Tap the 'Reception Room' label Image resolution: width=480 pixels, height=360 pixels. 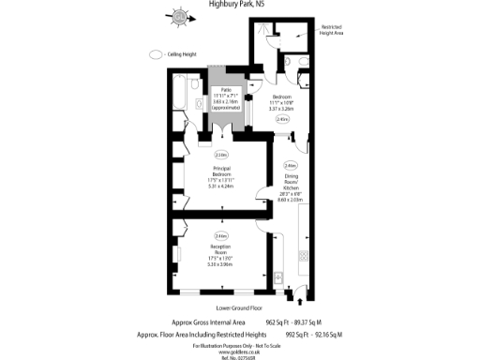click(221, 248)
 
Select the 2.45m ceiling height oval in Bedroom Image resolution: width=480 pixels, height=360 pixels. click(282, 120)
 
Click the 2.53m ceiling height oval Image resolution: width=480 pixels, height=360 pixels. click(221, 154)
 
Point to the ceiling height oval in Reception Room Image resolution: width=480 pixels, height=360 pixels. click(221, 235)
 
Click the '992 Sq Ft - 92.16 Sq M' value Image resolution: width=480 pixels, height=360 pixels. click(311, 334)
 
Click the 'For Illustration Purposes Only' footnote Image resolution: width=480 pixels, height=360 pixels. click(239, 344)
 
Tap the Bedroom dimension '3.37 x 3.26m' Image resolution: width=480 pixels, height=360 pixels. click(281, 108)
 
